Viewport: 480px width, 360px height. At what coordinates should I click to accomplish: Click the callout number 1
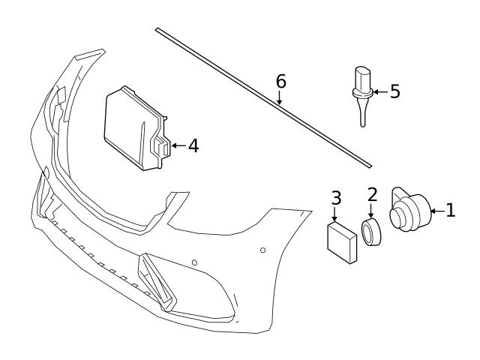point(450,211)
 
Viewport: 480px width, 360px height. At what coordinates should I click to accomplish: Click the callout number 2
point(373,195)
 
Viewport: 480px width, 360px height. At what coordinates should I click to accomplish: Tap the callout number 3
point(336,198)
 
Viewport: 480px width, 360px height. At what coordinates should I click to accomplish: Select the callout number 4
point(193,145)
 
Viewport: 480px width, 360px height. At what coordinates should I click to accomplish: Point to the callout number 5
point(394,91)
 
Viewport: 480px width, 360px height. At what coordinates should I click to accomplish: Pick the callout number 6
point(280,80)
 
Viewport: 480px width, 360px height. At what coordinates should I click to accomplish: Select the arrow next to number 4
point(178,145)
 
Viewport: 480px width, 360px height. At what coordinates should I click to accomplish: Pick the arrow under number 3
point(336,214)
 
